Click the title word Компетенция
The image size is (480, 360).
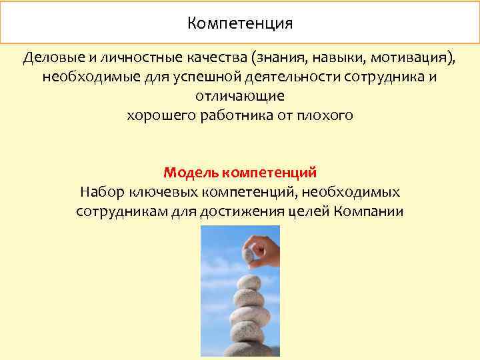pyautogui.click(x=240, y=25)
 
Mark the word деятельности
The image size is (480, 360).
pyautogui.click(x=280, y=77)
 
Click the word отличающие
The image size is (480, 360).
pyautogui.click(x=240, y=96)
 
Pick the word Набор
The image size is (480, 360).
pyautogui.click(x=100, y=193)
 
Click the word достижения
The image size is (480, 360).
pyautogui.click(x=257, y=212)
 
